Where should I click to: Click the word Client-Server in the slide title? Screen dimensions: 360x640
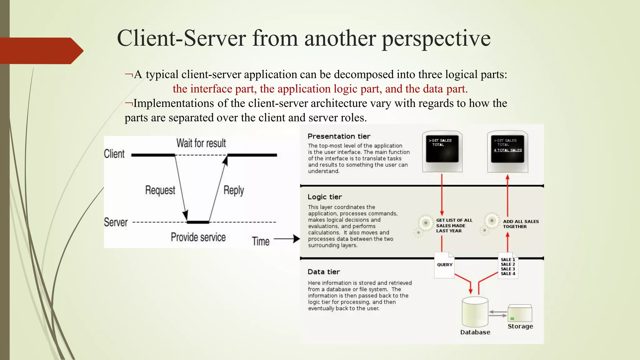point(181,38)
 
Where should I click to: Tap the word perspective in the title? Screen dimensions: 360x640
point(436,39)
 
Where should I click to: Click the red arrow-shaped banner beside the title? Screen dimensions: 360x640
point(41,51)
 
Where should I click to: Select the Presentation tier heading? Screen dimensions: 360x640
point(339,136)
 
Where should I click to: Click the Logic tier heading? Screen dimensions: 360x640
point(324,197)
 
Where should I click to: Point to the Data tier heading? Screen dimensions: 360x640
point(323,272)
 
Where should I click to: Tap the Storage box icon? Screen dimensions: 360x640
point(520,313)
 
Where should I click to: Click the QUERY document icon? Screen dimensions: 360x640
point(444,265)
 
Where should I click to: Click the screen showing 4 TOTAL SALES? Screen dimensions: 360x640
point(507,149)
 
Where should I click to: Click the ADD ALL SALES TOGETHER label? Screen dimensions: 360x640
point(521,224)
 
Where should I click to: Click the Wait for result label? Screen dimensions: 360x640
point(201,143)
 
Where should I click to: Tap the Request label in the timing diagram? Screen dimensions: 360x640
point(160,190)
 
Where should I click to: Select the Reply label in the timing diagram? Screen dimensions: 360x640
point(233,190)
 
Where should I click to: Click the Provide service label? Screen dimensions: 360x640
point(198,237)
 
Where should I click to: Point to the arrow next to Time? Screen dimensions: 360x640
point(287,239)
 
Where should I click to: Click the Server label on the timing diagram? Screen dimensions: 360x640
point(116,222)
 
